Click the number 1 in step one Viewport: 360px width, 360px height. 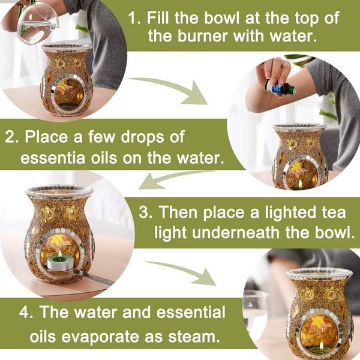click(x=134, y=17)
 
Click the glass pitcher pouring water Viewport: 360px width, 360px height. click(x=36, y=22)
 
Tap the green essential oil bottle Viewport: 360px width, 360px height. click(x=280, y=88)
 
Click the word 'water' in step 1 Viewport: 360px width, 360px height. click(x=282, y=37)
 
